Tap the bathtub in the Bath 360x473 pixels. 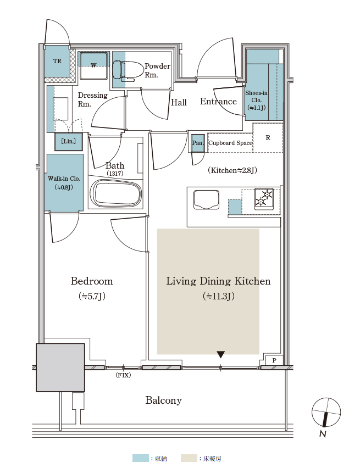point(118,193)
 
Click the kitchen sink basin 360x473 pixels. point(207,199)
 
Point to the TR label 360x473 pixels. point(57,61)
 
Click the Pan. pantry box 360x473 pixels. point(198,143)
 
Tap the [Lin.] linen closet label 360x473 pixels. point(69,141)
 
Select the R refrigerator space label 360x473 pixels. point(268,138)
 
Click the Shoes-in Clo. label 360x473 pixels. point(256,100)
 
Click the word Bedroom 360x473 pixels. point(92,281)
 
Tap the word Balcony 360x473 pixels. point(164,400)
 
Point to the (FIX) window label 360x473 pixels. point(124,375)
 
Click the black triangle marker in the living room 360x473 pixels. point(221,354)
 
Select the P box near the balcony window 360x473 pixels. point(274,360)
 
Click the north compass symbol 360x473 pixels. point(326,413)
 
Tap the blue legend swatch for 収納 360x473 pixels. point(140,458)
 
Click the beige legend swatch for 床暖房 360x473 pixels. point(189,458)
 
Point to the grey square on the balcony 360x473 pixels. point(60,368)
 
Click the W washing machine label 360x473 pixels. point(94,65)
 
